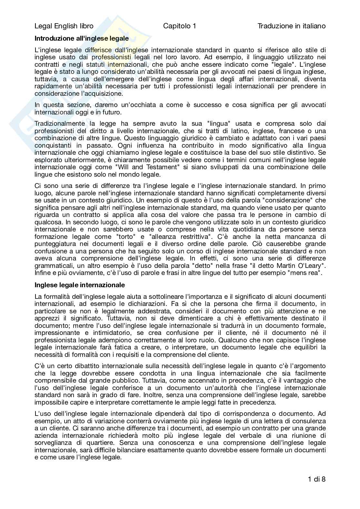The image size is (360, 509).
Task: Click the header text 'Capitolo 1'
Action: (x=179, y=26)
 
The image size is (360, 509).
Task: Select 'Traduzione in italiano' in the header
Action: (x=291, y=26)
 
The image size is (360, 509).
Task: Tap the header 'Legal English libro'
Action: (x=64, y=26)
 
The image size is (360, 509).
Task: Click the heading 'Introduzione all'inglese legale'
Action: (x=82, y=38)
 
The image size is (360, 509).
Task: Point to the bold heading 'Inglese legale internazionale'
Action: (x=79, y=285)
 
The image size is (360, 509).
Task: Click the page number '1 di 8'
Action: (x=316, y=479)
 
